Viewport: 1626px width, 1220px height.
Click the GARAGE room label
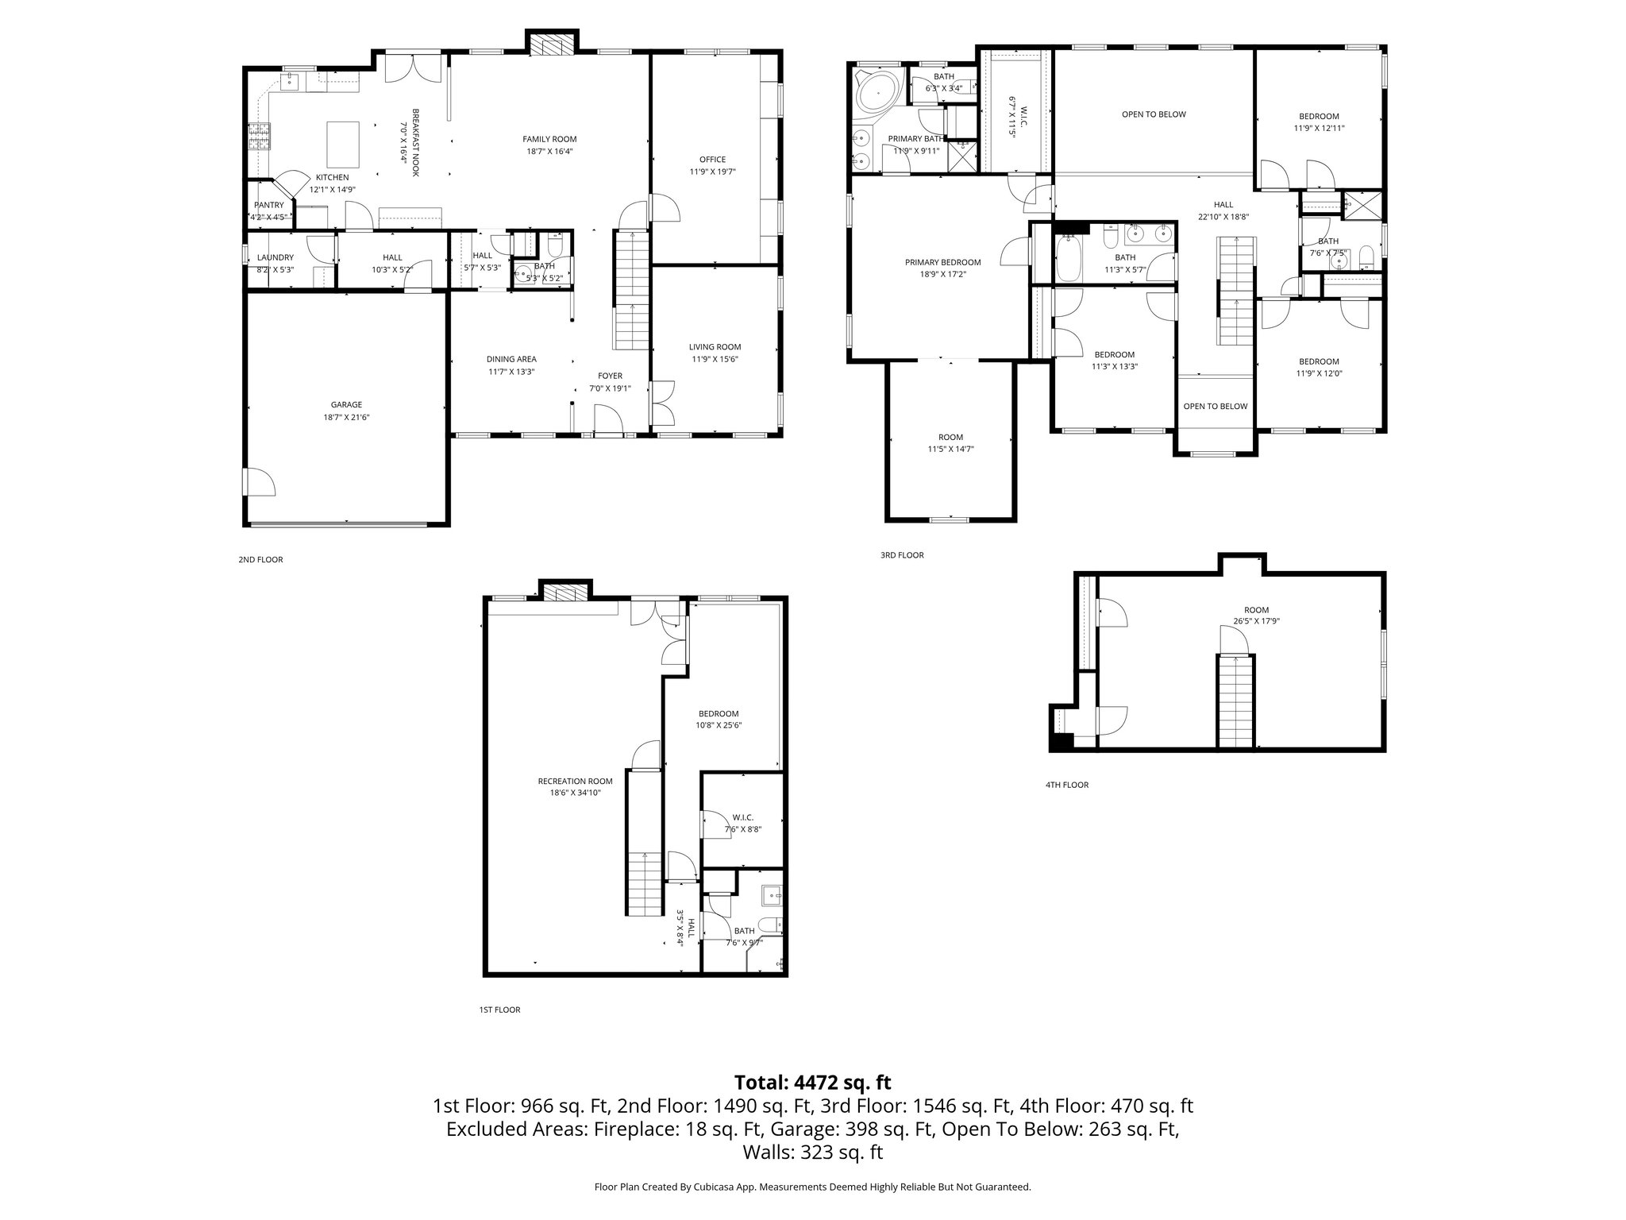(346, 404)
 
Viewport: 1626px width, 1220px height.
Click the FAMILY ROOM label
(549, 139)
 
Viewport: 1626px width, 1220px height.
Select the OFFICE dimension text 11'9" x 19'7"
(712, 171)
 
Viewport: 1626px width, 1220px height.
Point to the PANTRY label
(269, 205)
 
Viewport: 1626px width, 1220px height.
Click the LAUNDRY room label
(275, 257)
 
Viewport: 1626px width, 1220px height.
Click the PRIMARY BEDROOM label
(942, 262)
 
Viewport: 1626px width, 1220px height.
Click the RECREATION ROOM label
(575, 781)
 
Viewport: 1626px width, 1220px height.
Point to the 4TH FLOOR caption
(1066, 785)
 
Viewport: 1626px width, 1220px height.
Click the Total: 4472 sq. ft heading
(812, 1082)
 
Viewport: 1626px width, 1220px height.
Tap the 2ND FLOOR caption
(260, 559)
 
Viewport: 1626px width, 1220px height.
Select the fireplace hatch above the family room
(552, 45)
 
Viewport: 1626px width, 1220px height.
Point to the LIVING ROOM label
(715, 346)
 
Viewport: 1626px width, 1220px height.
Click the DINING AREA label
(511, 359)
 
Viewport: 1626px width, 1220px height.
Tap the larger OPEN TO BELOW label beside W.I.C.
(1154, 114)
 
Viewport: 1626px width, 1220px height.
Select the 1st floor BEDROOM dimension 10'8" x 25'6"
(719, 725)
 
